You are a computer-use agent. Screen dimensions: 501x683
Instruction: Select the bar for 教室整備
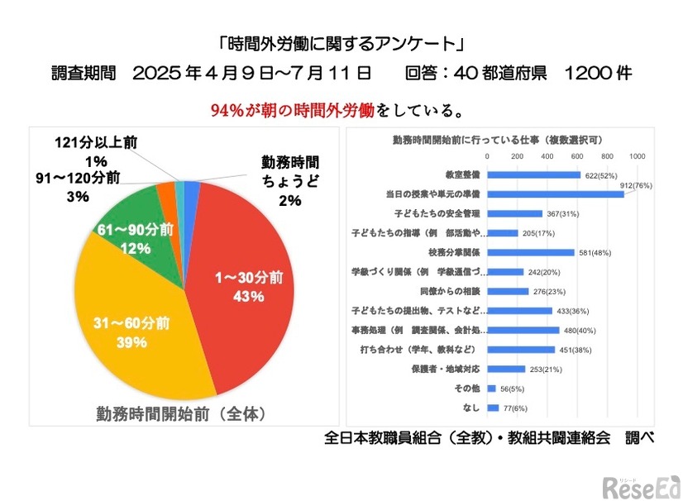tap(533, 174)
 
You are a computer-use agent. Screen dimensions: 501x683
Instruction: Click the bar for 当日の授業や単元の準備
tap(555, 194)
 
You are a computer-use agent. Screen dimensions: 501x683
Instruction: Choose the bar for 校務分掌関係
tap(530, 252)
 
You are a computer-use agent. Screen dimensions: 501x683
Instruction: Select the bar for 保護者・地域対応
tap(506, 369)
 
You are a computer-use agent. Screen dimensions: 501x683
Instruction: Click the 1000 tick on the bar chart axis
tap(637, 155)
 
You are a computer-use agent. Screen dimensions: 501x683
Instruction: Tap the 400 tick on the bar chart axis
tap(547, 155)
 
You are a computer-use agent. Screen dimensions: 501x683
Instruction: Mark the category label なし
tap(471, 408)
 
